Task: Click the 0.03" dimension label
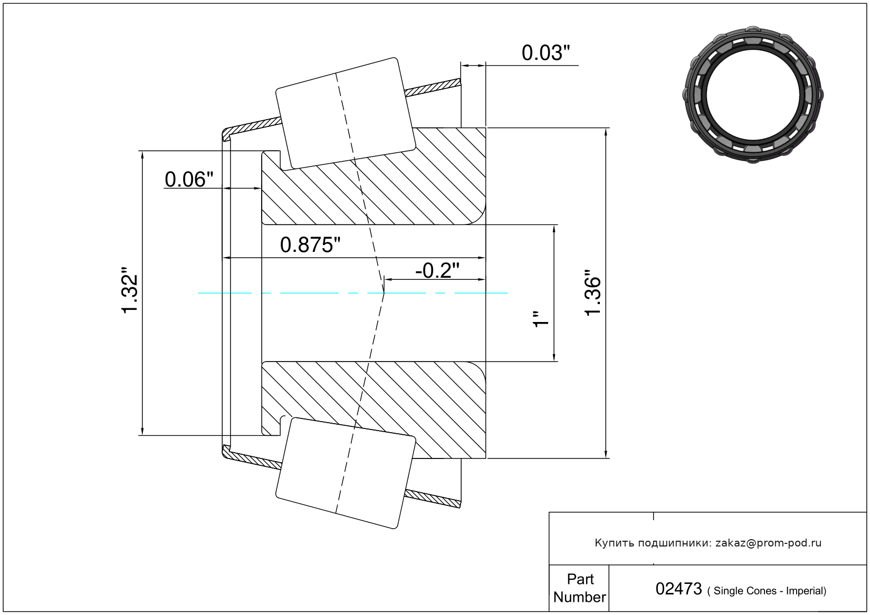click(x=546, y=53)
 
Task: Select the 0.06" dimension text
click(x=189, y=179)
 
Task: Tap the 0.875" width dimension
click(x=310, y=245)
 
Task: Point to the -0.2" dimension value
click(x=437, y=270)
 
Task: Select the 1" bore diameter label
click(x=541, y=319)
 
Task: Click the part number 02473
click(x=678, y=589)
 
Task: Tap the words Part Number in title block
click(x=580, y=588)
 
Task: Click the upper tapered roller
click(x=346, y=113)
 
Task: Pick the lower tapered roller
click(x=346, y=473)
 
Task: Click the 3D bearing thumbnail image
click(x=753, y=95)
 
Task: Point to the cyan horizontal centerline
click(x=352, y=293)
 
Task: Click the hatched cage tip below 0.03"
click(x=433, y=87)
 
